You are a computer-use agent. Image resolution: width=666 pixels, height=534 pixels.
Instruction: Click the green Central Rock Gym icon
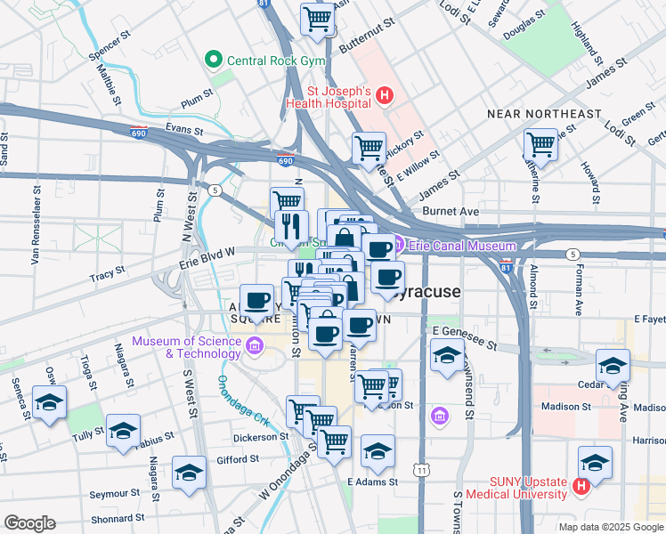pos(213,61)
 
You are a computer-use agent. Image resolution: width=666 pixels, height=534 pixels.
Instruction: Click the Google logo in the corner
pos(29,523)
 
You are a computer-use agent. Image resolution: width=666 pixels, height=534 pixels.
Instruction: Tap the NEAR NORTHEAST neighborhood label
pos(544,114)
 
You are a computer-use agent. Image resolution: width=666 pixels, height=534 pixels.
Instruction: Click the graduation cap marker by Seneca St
pos(50,402)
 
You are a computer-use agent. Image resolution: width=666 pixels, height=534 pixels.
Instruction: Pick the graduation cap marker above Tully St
pos(123,431)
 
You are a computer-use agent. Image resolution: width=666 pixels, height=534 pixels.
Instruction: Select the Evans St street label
pos(179,129)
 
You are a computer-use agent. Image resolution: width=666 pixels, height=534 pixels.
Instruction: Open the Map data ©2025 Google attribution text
pos(610,526)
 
